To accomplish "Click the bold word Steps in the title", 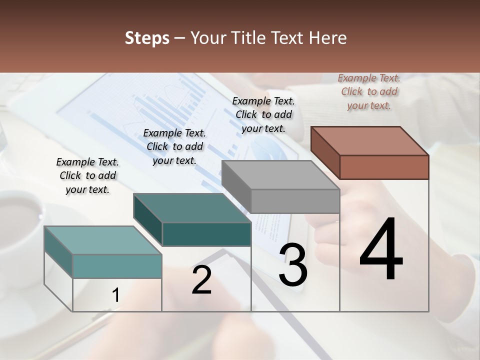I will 147,38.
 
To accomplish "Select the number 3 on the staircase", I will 293,265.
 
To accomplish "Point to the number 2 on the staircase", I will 201,280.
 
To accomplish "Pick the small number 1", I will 115,295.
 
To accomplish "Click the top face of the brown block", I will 370,141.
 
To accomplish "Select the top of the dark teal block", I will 192,208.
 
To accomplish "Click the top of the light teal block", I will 103,240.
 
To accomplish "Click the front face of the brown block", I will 384,167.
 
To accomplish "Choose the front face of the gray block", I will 295,201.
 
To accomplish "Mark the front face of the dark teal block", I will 206,234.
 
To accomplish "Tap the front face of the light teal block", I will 117,266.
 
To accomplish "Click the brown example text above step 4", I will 369,91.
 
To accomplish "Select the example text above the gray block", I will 263,114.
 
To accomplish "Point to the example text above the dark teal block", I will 174,146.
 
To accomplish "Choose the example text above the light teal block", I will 87,175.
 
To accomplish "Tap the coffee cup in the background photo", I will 20,220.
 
